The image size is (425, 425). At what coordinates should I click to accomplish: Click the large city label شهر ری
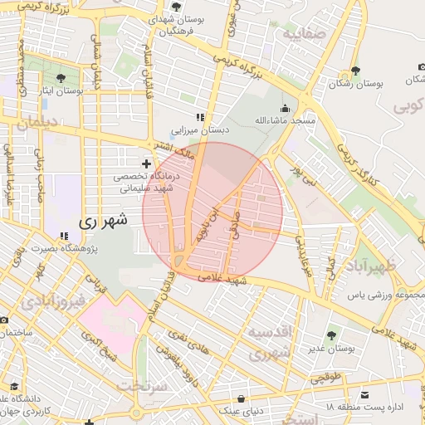104,222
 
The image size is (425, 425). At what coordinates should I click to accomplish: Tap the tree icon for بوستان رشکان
356,71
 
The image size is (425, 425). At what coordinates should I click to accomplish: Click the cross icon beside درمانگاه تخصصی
148,164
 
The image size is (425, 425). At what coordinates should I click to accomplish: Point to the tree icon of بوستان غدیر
331,335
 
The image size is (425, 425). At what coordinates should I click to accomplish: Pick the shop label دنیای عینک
241,410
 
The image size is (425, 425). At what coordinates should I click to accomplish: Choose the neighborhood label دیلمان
32,122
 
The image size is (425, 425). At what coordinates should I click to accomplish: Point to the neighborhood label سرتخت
141,386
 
